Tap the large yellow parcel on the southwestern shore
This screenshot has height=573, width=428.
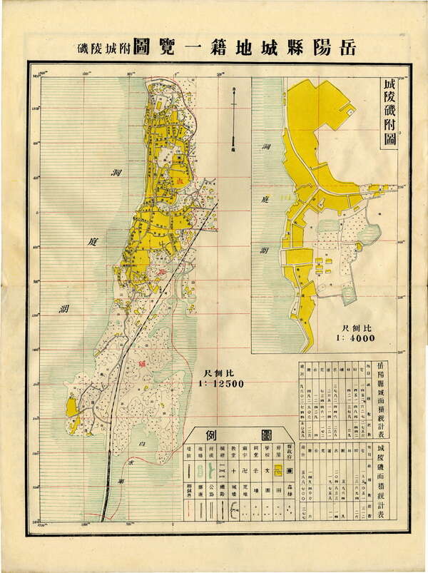coord(72,408)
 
